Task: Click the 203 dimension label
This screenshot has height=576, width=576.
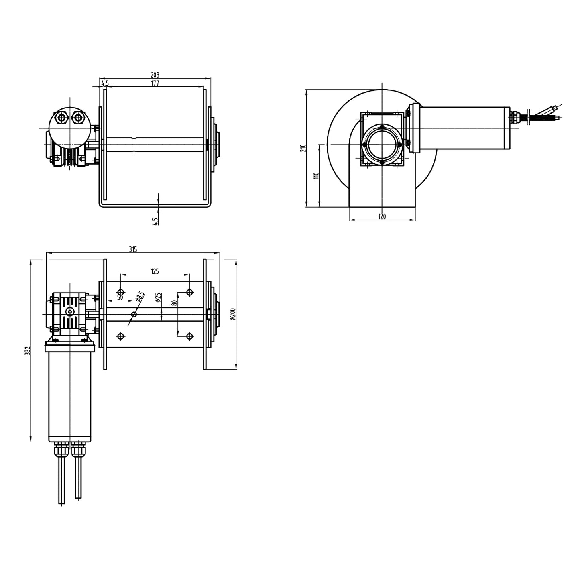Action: coord(155,75)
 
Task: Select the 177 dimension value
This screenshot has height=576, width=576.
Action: coord(155,83)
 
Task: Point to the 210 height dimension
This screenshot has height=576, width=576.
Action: coord(303,148)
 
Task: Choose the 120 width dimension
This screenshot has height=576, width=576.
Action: coord(382,216)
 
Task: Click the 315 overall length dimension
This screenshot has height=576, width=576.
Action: coord(133,249)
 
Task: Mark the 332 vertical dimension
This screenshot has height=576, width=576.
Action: coord(28,350)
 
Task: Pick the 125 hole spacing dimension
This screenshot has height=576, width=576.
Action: coord(155,271)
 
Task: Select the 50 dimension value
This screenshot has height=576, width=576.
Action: coord(120,297)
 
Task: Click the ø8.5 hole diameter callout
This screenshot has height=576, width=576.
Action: coord(140,297)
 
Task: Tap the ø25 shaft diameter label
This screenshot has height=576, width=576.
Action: coord(158,297)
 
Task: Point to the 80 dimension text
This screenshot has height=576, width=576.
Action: coord(174,302)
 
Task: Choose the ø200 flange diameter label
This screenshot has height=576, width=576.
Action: coord(233,314)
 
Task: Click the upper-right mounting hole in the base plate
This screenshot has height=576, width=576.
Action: coord(190,292)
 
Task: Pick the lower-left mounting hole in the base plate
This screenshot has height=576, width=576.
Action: coord(121,336)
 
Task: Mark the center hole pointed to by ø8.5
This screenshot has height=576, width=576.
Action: coord(134,315)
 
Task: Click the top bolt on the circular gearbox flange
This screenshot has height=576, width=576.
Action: coord(382,127)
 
